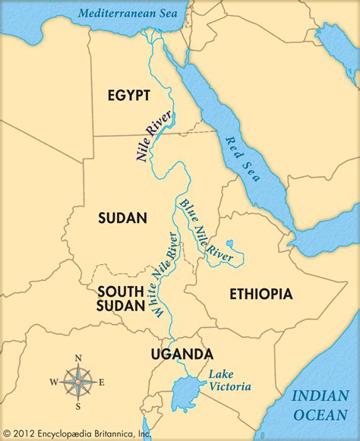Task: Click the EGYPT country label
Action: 128,95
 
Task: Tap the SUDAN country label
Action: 122,218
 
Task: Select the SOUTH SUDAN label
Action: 120,298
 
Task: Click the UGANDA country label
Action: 182,354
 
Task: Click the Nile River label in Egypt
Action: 155,134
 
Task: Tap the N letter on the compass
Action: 77,358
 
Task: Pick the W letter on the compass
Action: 53,381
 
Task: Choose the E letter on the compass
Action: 101,381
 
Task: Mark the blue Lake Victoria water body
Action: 187,395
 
